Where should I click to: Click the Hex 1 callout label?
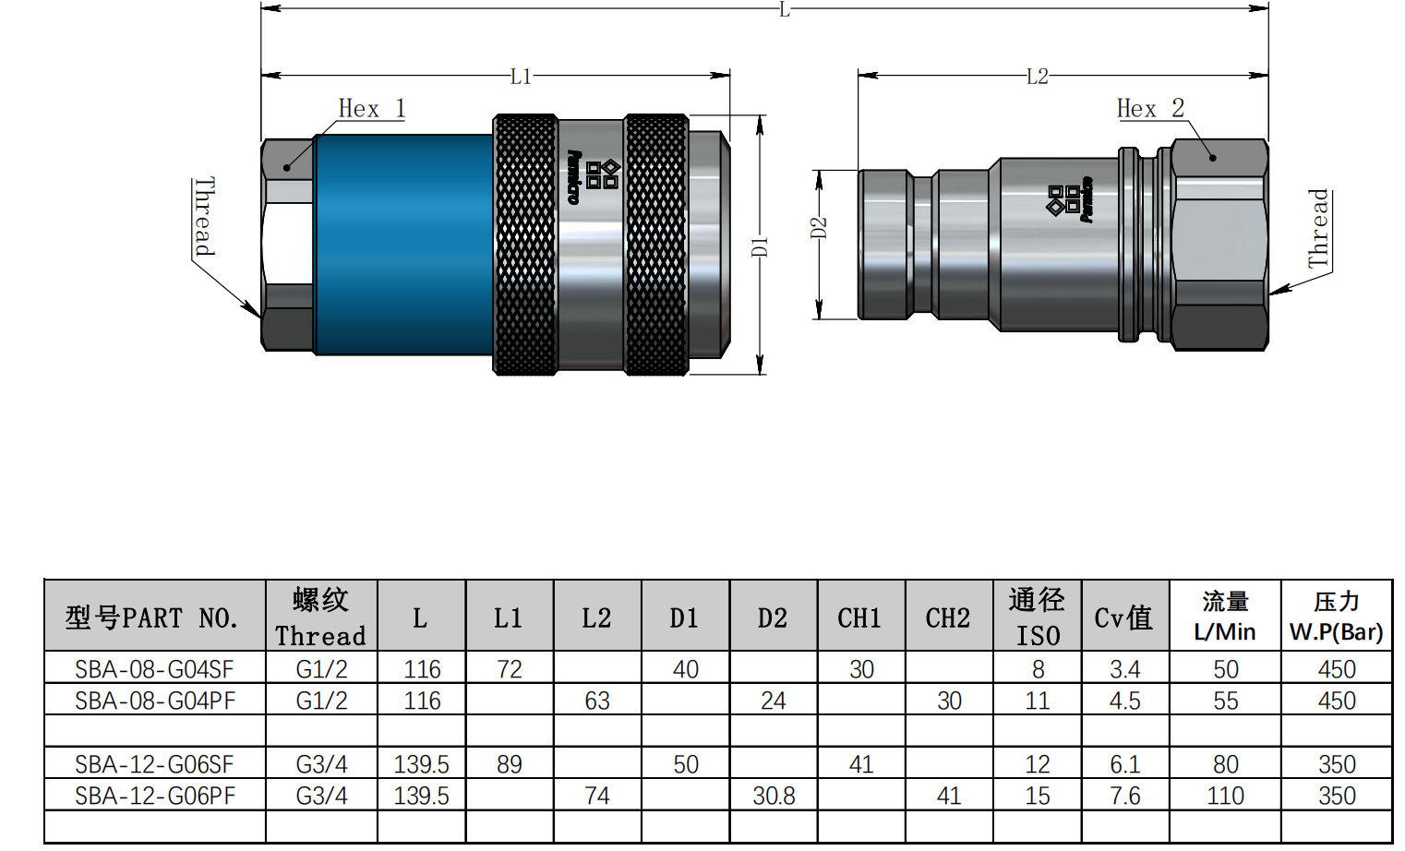point(371,109)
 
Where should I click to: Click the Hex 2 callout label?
point(1149,109)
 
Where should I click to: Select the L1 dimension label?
point(521,77)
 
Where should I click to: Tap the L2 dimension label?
point(1037,77)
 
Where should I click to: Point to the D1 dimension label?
point(759,246)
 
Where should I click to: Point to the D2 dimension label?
point(819,228)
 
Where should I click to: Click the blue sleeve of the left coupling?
point(404,245)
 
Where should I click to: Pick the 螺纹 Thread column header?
point(320,617)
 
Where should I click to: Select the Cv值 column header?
point(1123,617)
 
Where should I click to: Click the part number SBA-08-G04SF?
point(154,669)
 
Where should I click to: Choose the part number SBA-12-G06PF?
point(154,796)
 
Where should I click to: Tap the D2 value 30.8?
point(773,796)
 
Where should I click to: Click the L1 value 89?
point(509,764)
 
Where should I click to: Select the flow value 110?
point(1225,796)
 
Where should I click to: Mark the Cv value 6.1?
point(1124,764)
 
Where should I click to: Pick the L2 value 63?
point(596,701)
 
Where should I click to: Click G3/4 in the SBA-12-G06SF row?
point(321,764)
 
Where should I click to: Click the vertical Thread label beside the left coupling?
point(205,217)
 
